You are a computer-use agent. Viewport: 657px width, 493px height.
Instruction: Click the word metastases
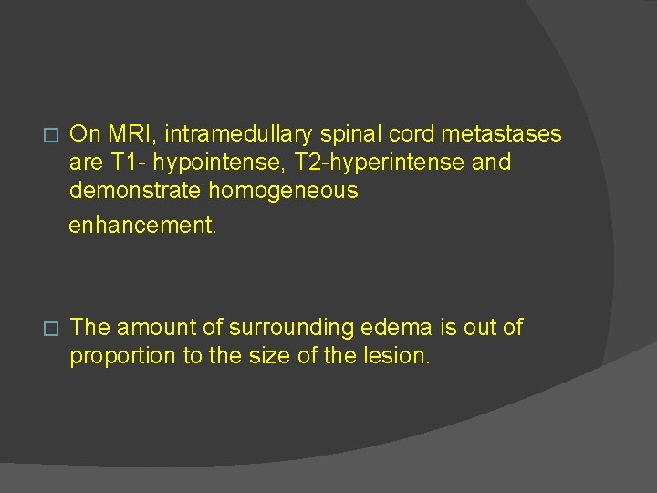(x=502, y=134)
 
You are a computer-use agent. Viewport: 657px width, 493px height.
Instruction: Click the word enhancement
(x=143, y=225)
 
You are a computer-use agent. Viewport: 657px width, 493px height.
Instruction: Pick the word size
(x=273, y=356)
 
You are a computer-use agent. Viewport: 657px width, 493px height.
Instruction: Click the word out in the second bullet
(x=465, y=327)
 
